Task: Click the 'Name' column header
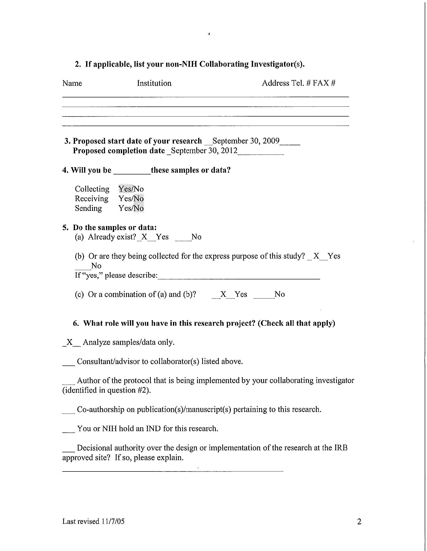click(x=72, y=83)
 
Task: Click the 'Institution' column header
click(x=154, y=83)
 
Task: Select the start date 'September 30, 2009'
click(x=246, y=141)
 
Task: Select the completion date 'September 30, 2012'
click(x=204, y=151)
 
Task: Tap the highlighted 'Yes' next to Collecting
click(x=125, y=189)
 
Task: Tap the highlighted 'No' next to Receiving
click(x=138, y=199)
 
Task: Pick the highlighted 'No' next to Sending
click(x=138, y=208)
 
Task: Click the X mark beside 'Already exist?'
click(x=144, y=237)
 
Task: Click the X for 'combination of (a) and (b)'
click(x=223, y=294)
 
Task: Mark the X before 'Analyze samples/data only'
click(x=69, y=342)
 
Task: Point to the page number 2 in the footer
click(x=359, y=522)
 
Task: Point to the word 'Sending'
click(x=88, y=208)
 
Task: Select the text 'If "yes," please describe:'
click(x=116, y=275)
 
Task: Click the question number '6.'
click(x=76, y=323)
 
